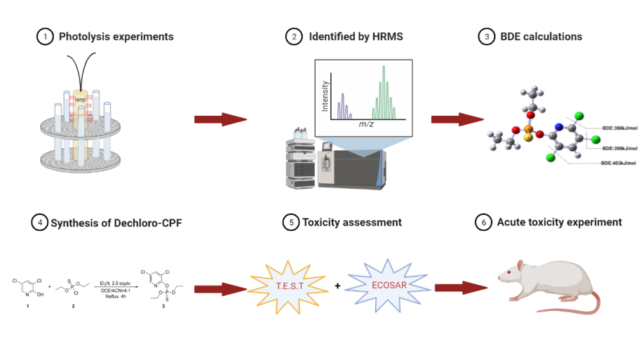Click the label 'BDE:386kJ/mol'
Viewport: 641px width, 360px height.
point(619,128)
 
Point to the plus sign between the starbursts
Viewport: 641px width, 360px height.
point(338,286)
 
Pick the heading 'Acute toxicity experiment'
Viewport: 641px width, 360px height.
point(559,222)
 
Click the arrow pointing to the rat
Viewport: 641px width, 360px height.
point(461,286)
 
